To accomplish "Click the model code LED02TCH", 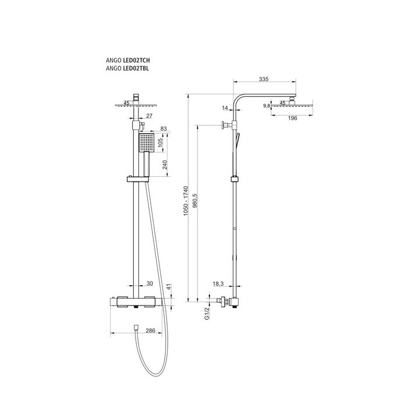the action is [x=136, y=61].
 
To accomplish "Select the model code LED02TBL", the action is [x=136, y=69].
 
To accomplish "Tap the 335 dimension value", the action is [x=264, y=79].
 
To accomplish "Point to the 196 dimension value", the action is [x=293, y=118].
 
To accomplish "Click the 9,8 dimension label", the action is [x=267, y=106].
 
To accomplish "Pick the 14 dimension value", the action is [x=225, y=108].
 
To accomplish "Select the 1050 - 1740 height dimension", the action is [x=186, y=201].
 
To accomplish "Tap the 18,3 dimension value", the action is [x=218, y=284].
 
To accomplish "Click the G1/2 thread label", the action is [x=207, y=314].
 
